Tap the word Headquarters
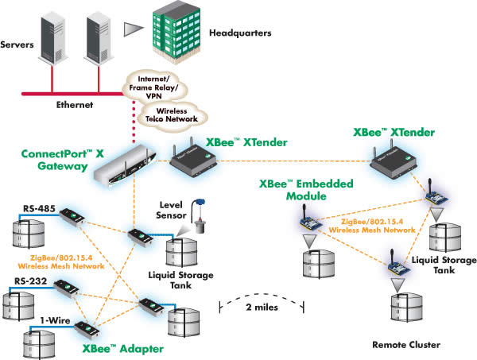click(x=238, y=34)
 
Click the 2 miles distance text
click(x=263, y=306)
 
